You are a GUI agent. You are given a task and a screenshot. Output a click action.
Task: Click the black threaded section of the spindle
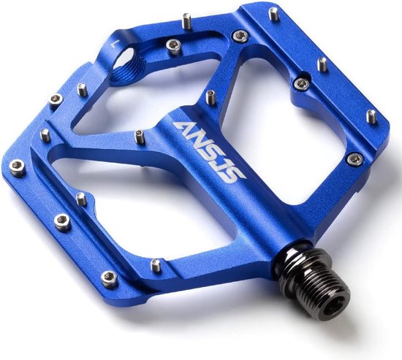320,283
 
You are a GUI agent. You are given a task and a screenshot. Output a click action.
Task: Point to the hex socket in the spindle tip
336,308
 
